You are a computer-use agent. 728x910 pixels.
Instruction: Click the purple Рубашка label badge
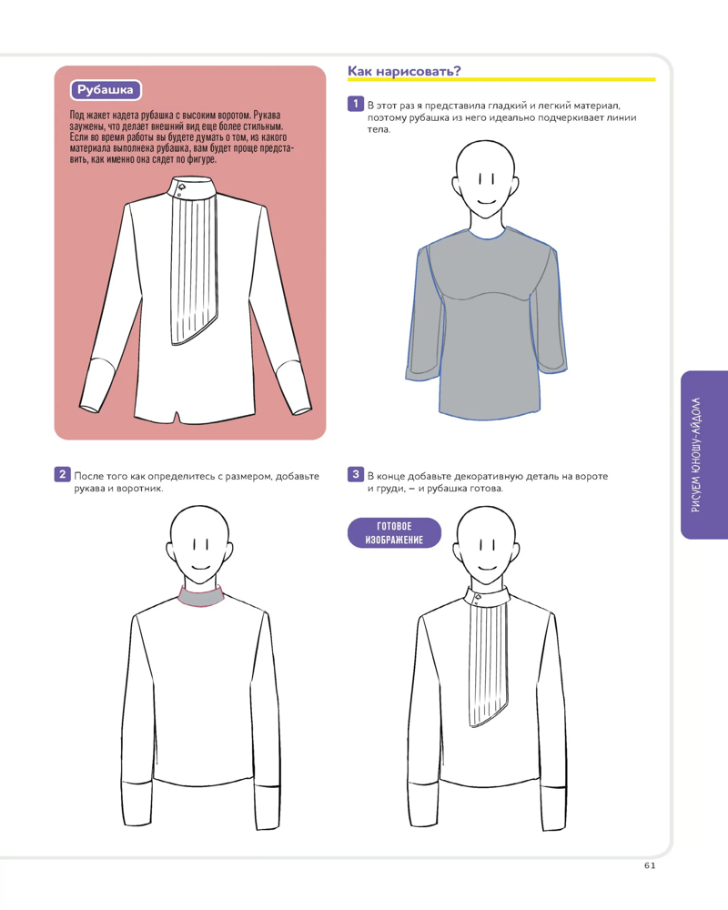(106, 90)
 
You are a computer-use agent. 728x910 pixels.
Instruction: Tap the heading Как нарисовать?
(404, 71)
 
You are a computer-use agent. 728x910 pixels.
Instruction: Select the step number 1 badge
(355, 104)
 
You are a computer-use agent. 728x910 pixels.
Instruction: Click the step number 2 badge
(62, 474)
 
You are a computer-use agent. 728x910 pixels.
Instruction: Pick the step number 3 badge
(355, 474)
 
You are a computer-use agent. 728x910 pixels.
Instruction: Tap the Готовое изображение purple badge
(394, 532)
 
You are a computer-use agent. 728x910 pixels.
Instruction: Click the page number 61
(650, 865)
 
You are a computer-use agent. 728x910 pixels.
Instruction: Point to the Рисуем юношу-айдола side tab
(703, 455)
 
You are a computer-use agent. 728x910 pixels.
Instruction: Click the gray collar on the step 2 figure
(201, 597)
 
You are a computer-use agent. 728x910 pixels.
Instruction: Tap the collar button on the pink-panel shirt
(181, 187)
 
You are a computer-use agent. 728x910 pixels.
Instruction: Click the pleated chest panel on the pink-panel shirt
(194, 268)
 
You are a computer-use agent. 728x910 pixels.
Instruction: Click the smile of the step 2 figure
(201, 568)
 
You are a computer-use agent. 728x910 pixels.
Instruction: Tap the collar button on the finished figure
(478, 597)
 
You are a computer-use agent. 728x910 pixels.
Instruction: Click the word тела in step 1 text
(379, 130)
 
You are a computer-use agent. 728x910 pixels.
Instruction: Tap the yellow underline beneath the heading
(501, 79)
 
